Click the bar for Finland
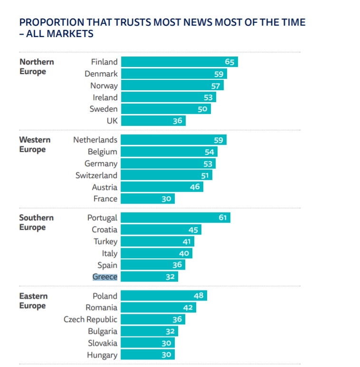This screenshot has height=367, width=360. pos(179,62)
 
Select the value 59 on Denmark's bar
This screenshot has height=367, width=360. pos(218,74)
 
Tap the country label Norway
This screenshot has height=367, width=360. pos(104,86)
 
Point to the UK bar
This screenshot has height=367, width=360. pos(153,121)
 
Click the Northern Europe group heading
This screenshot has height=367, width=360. pos(37,66)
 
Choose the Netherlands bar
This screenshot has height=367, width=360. pos(173,140)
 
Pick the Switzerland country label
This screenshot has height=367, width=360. pos(96,175)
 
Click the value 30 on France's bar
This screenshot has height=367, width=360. pos(166,199)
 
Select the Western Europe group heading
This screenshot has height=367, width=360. pos(35,144)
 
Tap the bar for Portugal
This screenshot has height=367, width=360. pos(175,218)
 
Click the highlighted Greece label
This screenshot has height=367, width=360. pos(105,277)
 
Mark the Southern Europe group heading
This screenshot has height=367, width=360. pos(36,222)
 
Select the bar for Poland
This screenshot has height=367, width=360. pos(164,296)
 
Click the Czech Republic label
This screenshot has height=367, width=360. pos(90,320)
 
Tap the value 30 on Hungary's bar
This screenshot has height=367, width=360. pos(166,355)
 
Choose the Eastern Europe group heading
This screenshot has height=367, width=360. pos(33,301)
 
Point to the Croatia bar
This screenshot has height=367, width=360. pos(161,230)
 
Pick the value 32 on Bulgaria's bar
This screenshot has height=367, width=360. pos(171,331)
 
